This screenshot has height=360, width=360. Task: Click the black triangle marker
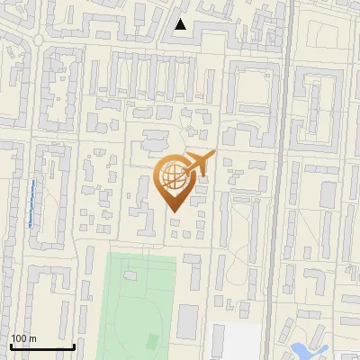coord(181,24)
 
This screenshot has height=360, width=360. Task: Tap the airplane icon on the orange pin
coord(199,164)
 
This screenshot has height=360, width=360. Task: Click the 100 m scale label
coord(23,338)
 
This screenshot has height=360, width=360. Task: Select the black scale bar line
coord(42,347)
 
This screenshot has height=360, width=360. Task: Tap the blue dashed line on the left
coord(31,202)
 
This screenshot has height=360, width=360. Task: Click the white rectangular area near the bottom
coord(240,341)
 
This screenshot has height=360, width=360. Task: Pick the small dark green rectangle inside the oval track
coord(151,340)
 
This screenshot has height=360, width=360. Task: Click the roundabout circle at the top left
coord(38,40)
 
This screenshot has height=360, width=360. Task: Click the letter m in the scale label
coord(32,338)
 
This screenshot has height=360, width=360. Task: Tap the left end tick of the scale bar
coord(11,347)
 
